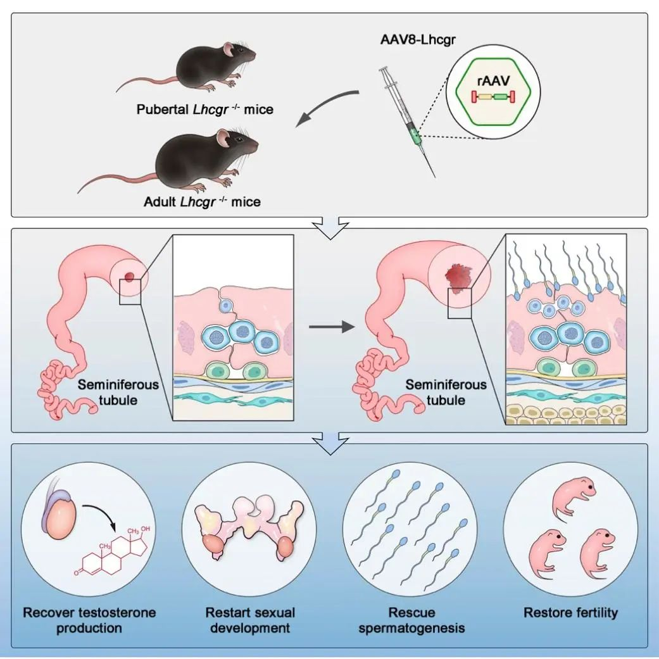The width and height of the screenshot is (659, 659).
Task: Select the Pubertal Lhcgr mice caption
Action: [205, 109]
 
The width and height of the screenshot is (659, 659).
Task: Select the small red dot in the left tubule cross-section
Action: [130, 276]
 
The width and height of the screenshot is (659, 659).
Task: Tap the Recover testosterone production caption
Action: [89, 620]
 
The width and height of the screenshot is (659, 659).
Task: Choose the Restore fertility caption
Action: [570, 612]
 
